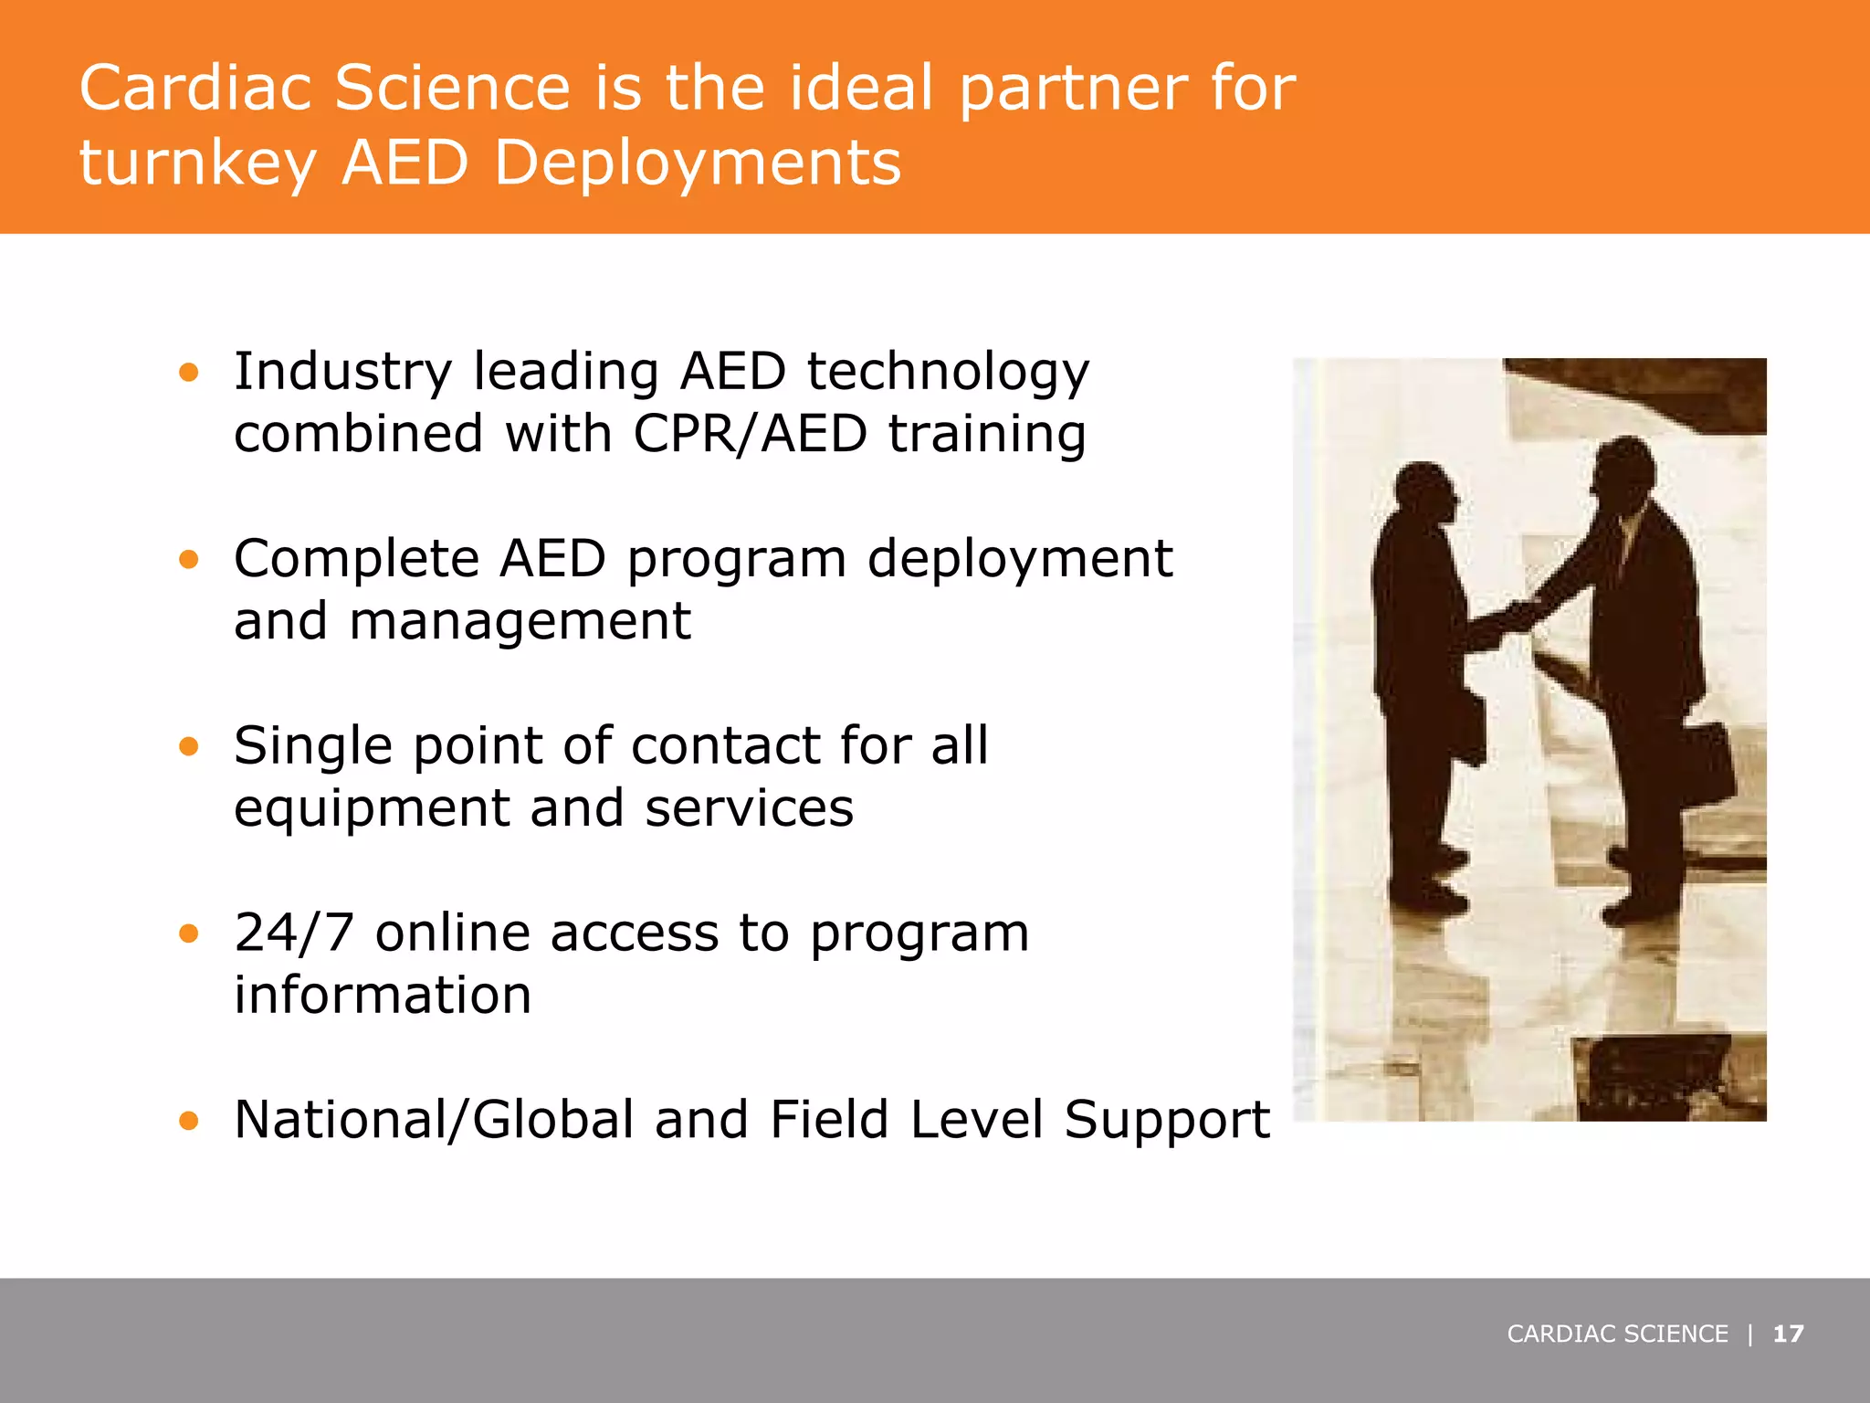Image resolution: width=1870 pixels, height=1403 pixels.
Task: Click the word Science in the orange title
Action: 452,89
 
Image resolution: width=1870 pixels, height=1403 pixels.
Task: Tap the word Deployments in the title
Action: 698,164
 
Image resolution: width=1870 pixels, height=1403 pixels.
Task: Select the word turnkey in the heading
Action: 197,165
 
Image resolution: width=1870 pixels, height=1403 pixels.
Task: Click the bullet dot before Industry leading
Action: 189,372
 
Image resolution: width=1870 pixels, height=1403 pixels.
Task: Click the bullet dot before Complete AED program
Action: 189,559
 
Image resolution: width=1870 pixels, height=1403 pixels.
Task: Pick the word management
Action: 520,623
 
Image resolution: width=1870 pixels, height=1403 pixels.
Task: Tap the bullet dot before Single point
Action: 189,746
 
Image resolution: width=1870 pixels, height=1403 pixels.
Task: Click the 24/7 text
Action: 293,933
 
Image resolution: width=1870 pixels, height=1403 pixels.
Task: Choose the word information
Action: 383,995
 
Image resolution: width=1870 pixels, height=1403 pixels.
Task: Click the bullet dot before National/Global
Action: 189,1121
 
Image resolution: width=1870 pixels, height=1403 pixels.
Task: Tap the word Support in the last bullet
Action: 1167,1120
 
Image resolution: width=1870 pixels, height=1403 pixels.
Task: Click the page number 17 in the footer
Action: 1788,1334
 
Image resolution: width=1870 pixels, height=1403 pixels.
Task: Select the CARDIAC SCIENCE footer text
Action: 1617,1334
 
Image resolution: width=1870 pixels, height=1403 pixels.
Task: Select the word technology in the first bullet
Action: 948,373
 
